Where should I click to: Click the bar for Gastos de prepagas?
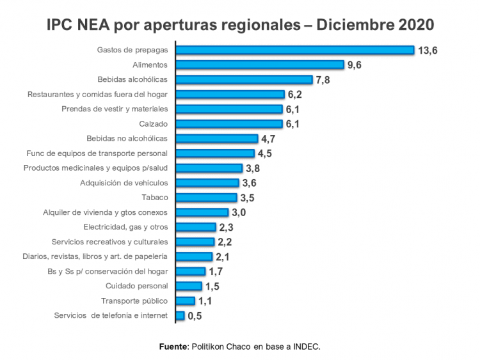(x=294, y=50)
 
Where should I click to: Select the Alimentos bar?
(x=260, y=65)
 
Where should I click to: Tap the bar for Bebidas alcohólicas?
(x=244, y=79)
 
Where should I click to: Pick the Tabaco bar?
(x=206, y=198)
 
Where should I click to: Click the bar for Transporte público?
(x=185, y=301)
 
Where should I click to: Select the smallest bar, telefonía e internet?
(x=180, y=315)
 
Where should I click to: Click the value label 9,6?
(x=355, y=65)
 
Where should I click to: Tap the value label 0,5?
(x=195, y=316)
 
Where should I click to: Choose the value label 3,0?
(x=239, y=213)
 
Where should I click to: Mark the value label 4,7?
(x=268, y=139)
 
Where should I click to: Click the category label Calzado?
(x=153, y=123)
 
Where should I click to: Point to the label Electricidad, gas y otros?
(x=125, y=227)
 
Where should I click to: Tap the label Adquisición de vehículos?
(x=124, y=183)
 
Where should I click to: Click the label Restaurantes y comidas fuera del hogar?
(x=97, y=94)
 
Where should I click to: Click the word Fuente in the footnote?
(x=173, y=347)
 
